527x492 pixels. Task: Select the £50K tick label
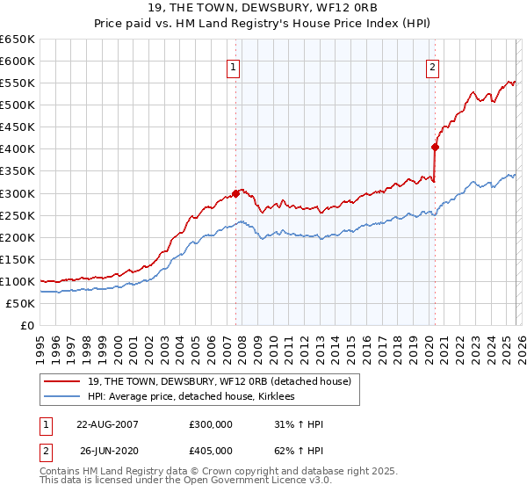pos(20,303)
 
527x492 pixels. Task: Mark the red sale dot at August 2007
pos(236,193)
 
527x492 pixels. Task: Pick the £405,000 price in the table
pos(211,451)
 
